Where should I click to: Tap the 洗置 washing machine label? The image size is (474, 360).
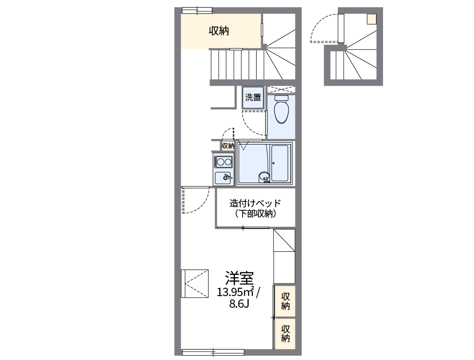tap(253, 97)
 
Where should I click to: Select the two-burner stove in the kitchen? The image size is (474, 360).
tap(223, 162)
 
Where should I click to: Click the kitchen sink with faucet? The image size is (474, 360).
tap(223, 178)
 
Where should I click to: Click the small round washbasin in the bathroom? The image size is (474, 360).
tap(264, 177)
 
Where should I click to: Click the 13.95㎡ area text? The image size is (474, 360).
tap(235, 292)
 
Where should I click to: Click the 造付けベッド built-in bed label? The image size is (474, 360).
tap(255, 203)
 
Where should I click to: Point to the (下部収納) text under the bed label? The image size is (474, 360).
tap(255, 215)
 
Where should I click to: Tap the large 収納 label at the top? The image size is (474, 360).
tap(218, 31)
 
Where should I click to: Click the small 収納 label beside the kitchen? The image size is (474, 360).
tap(228, 146)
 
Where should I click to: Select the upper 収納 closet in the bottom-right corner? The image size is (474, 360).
tap(285, 301)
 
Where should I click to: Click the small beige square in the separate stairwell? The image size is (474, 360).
tap(371, 19)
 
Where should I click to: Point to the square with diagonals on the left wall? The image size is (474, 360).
tap(194, 283)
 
